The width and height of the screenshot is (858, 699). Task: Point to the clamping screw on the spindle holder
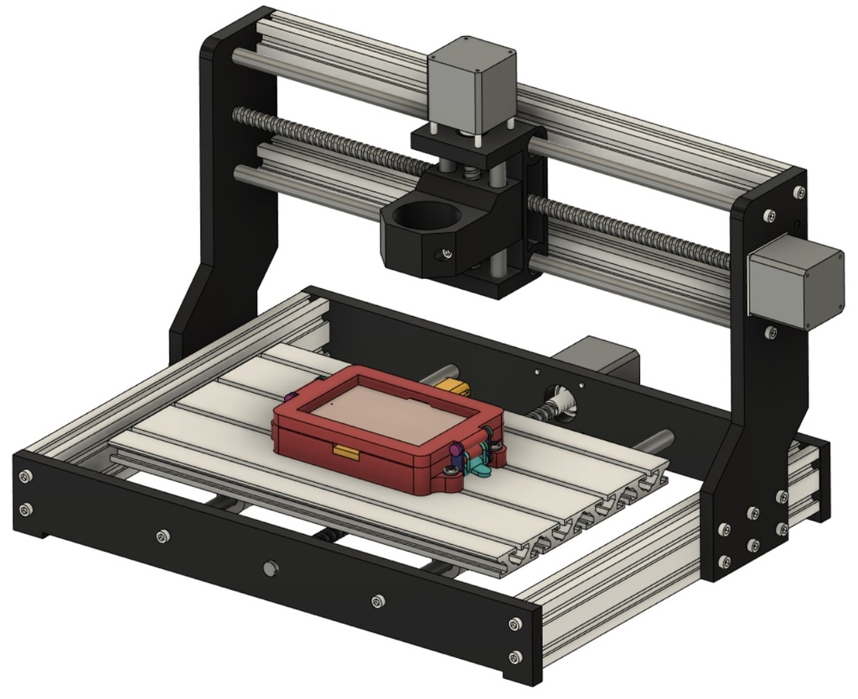pos(447,253)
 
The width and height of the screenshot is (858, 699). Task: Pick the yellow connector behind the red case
pos(452,387)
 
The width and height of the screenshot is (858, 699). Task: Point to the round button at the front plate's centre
pos(269,569)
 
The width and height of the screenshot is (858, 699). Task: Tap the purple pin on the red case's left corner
pos(289,396)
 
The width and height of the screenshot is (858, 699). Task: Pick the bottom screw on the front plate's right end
pos(515,656)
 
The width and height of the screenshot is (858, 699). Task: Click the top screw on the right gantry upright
pos(800,192)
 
